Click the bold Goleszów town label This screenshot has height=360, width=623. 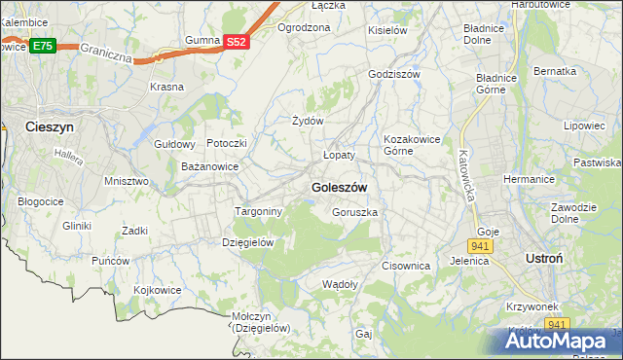(x=339, y=187)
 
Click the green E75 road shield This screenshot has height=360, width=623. (x=42, y=46)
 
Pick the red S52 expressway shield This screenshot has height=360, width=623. (x=237, y=42)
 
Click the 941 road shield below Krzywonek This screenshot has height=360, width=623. (x=556, y=324)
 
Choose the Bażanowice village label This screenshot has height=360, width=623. (x=210, y=166)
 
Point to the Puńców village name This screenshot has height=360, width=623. (x=111, y=261)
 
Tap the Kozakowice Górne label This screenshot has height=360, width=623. (x=410, y=145)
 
